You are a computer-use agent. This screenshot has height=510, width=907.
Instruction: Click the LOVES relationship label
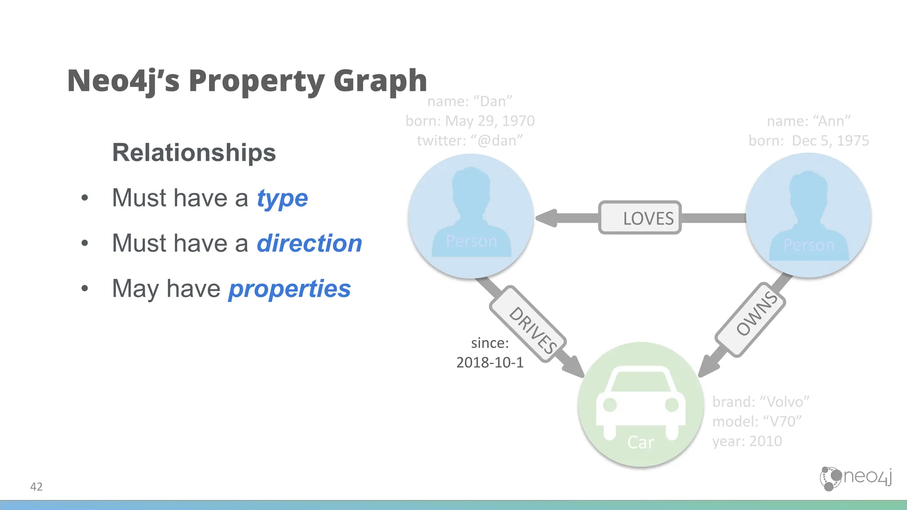point(640,218)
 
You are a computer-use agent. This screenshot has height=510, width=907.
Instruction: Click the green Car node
point(641,404)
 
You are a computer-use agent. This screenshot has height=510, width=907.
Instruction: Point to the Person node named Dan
point(471,216)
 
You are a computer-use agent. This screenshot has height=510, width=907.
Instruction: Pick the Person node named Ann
point(809,216)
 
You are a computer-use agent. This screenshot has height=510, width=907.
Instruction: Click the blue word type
point(282,198)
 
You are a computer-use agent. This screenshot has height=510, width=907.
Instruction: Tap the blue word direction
point(309,243)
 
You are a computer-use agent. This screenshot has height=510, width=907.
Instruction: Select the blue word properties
point(290,289)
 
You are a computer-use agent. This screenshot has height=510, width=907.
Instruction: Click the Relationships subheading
point(194,153)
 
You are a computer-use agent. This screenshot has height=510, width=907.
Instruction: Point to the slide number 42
point(36,487)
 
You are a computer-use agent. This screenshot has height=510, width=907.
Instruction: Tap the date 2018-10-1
point(490,363)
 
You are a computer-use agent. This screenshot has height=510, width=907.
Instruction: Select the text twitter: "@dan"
point(470,140)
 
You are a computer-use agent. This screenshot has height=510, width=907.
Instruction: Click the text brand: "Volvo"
point(761,402)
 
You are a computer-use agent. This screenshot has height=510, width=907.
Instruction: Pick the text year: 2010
point(747,441)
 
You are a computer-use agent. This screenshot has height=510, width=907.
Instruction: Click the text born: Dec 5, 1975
point(809,140)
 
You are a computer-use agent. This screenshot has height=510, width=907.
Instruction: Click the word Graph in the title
point(380,81)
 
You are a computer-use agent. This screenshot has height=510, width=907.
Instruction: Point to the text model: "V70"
point(757,421)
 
